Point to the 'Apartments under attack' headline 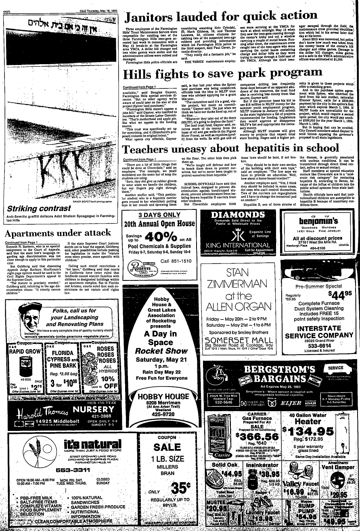click(x=57, y=233)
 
